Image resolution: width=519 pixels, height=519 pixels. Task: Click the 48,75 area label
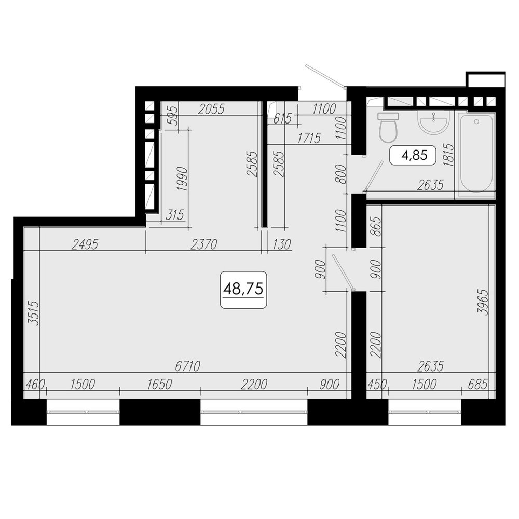[243, 290]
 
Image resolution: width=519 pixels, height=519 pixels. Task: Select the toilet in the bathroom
[388, 127]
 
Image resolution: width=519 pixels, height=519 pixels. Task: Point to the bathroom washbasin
[433, 122]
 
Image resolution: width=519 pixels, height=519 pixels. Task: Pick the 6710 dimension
[188, 366]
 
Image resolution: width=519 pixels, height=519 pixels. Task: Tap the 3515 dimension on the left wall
[34, 313]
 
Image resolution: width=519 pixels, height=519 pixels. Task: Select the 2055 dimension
[211, 109]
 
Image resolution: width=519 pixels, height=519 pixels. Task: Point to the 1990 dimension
[183, 179]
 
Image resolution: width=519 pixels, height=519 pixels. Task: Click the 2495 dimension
[85, 244]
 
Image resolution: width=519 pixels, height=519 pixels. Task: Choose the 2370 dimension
[204, 244]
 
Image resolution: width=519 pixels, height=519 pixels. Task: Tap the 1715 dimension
[309, 139]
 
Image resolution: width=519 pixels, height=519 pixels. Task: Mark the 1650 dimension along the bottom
[159, 385]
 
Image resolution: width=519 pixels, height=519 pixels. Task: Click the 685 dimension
[477, 385]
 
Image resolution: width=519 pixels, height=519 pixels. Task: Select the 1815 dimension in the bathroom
[448, 155]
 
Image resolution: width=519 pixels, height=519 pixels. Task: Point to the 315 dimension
[174, 215]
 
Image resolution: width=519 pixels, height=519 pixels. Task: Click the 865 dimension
[376, 226]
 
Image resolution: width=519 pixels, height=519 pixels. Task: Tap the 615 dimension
[282, 118]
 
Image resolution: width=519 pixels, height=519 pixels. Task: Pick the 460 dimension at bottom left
[35, 385]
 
